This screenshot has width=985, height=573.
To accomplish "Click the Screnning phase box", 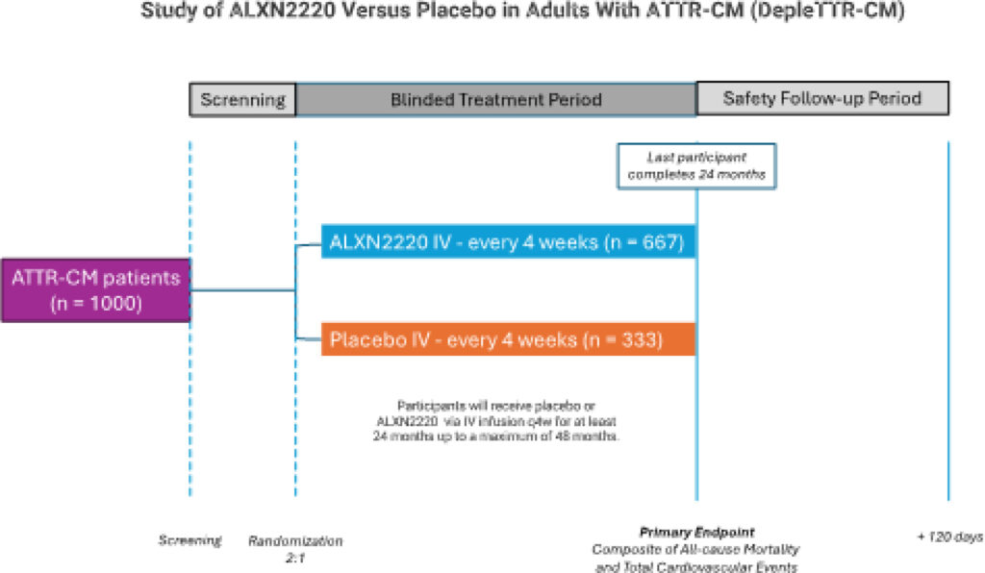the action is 242,99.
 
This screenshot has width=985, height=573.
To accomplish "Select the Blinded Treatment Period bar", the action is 496,99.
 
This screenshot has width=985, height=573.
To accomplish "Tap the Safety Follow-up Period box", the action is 822,98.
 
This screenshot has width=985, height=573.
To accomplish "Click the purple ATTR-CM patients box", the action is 95,290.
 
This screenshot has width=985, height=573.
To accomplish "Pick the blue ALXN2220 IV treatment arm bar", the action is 508,241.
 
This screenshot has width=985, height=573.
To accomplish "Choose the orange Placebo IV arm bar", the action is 508,339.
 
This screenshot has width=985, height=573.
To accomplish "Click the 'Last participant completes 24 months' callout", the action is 696,165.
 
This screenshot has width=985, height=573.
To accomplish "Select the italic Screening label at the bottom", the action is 189,540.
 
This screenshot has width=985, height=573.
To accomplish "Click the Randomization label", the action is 295,541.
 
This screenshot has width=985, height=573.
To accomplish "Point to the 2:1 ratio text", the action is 295,558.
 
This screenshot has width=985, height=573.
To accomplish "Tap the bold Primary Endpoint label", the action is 696,533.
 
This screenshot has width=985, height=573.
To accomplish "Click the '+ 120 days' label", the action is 949,536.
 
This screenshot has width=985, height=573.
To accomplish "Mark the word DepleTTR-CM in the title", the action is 828,11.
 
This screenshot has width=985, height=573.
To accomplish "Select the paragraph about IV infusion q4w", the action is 496,420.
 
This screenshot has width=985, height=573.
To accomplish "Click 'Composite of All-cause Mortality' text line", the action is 695,550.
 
